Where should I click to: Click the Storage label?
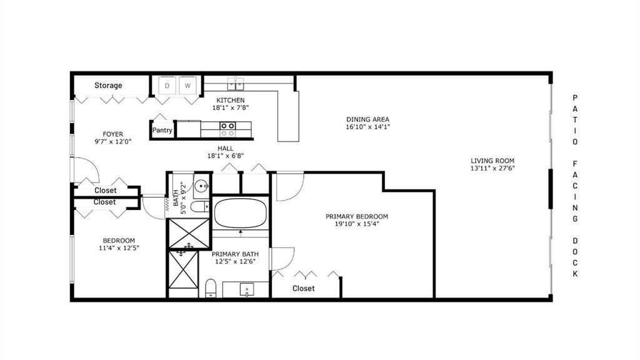108,86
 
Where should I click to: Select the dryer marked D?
167,86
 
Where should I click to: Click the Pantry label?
162,131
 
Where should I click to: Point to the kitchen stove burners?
227,129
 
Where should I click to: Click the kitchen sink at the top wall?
236,82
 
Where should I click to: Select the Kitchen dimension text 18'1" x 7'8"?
231,107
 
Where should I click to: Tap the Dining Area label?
368,119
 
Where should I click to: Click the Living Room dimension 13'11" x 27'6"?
492,168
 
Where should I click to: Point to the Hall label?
226,148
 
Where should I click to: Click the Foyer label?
113,134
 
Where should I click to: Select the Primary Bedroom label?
361,217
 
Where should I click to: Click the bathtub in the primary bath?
241,214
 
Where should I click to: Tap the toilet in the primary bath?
211,288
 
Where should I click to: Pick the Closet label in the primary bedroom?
303,288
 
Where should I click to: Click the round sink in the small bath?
201,186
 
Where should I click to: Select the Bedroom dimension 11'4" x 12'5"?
119,248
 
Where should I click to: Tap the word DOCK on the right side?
575,257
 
